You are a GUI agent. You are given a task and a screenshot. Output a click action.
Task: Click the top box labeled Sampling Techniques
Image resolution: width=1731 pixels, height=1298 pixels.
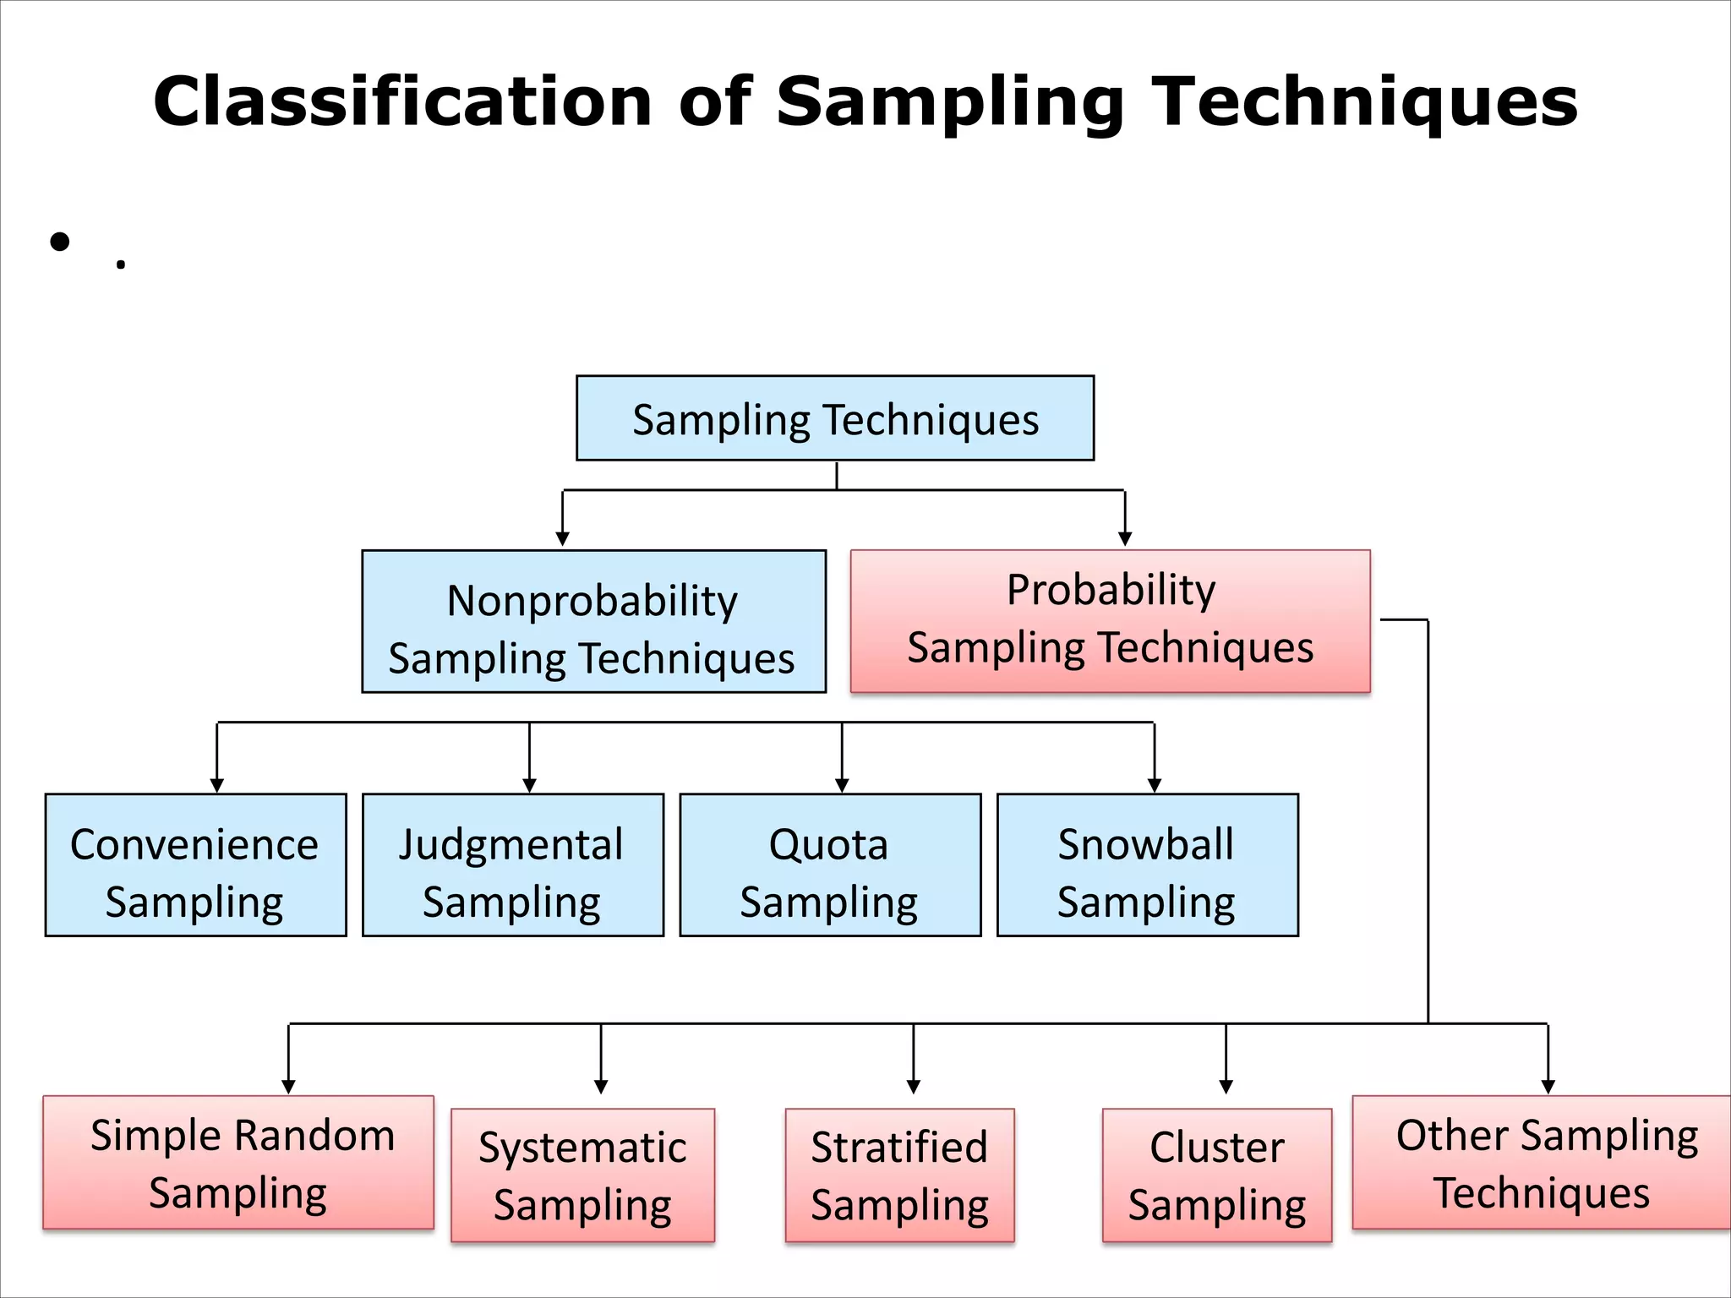coord(835,418)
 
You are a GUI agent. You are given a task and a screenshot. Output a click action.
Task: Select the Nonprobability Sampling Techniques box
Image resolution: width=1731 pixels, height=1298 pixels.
coord(593,622)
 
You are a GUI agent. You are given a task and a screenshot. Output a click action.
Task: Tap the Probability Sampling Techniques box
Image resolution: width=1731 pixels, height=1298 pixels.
coord(1110,622)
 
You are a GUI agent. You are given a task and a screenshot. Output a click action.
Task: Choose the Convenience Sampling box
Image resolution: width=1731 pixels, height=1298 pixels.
coord(195,864)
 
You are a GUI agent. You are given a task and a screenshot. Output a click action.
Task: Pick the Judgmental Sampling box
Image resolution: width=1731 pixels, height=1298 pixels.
coord(512,864)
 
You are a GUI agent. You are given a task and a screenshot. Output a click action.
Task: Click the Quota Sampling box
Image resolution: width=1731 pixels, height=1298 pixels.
coord(830,864)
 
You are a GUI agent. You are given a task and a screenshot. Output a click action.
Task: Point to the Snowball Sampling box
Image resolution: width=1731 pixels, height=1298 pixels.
coord(1147,864)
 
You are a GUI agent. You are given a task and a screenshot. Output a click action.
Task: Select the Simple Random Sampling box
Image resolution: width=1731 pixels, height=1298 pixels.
coord(238,1163)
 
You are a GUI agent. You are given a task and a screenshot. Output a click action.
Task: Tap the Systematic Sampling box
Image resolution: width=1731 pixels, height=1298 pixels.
coord(582,1175)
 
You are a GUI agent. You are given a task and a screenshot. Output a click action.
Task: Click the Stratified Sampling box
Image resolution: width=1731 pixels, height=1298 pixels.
coord(899,1175)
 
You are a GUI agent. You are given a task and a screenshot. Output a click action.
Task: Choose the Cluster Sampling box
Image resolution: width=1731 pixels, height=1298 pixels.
coord(1217,1175)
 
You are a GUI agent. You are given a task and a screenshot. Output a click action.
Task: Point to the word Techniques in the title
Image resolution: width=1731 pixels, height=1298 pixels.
coord(1365,101)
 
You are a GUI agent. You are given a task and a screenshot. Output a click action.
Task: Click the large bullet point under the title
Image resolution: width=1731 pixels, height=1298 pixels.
coord(59,243)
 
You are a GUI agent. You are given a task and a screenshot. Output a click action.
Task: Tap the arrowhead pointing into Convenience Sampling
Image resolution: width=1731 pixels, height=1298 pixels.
coord(217,785)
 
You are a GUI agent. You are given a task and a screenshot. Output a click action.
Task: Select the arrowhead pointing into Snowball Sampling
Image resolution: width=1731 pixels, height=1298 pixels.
coord(1155,785)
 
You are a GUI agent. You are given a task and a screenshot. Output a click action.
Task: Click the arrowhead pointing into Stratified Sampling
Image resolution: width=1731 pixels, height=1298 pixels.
coord(914,1087)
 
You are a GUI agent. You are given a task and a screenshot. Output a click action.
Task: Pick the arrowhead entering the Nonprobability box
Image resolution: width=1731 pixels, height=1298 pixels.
coord(563,539)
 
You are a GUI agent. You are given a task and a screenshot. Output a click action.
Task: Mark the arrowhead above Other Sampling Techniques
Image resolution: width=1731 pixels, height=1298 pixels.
coord(1548,1087)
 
